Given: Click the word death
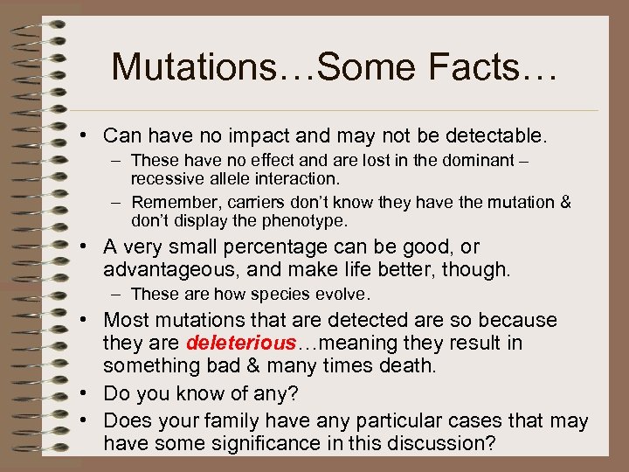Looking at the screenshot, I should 407,365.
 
